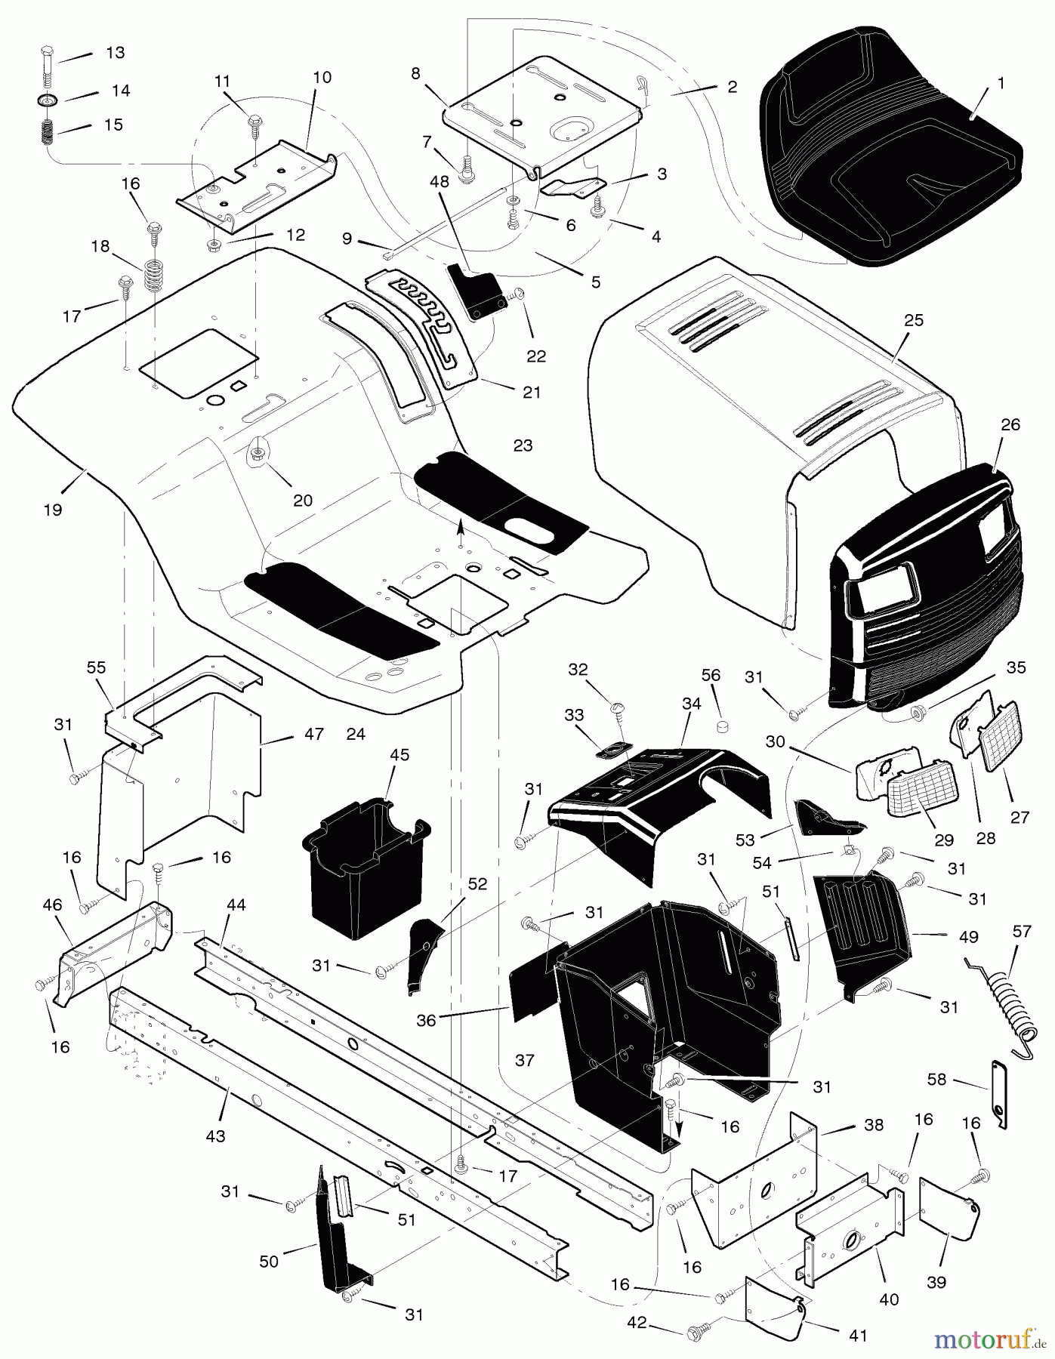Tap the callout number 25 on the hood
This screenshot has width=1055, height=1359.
tap(914, 320)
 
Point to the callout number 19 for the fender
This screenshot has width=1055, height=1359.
tap(52, 510)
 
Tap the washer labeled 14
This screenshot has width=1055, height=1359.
tap(48, 100)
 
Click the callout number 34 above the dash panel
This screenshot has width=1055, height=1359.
tap(691, 704)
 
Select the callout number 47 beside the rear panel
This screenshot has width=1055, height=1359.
tap(313, 733)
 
